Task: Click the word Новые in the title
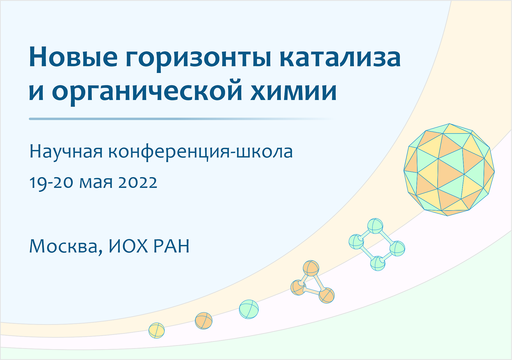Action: (73, 57)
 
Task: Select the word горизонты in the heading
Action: (198, 59)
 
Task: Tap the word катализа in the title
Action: (340, 57)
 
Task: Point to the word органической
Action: (147, 92)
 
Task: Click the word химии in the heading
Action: (294, 91)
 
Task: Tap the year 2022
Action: (138, 183)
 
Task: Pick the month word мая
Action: (96, 184)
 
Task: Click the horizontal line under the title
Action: (182, 119)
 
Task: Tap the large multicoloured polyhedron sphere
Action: (449, 170)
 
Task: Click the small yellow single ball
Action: (157, 331)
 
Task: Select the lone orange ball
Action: (204, 321)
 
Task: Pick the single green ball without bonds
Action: (249, 309)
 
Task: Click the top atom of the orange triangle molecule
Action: (311, 268)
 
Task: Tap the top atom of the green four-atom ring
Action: (375, 226)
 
